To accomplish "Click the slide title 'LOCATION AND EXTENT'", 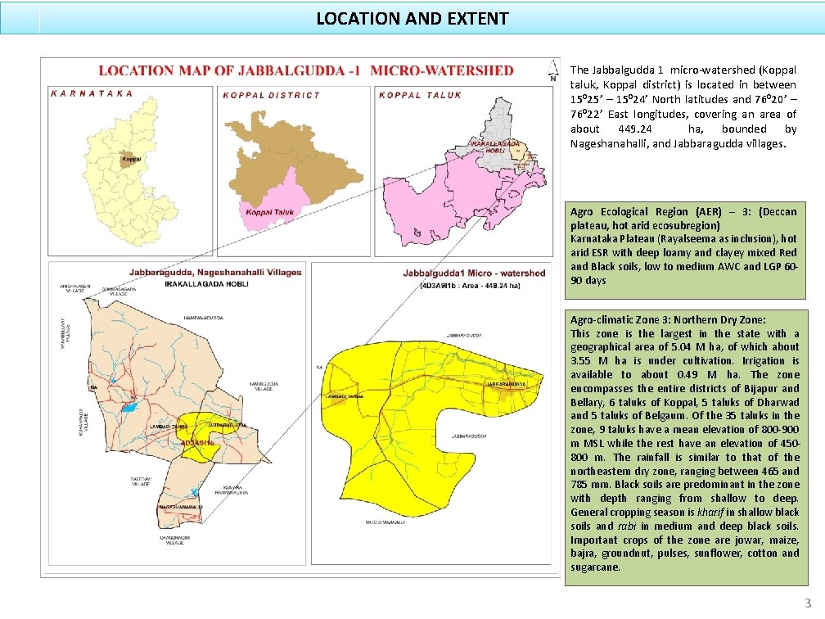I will click(412, 18).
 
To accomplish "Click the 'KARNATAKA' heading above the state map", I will click(92, 93).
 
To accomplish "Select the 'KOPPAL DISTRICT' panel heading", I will click(272, 95).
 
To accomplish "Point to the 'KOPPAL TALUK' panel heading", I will click(421, 95).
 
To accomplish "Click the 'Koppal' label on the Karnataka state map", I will click(132, 158).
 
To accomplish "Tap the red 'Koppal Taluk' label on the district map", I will click(269, 213).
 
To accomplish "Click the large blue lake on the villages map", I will click(129, 406).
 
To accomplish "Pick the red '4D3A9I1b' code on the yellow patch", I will click(198, 442).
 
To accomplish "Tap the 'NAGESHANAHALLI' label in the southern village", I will click(181, 508).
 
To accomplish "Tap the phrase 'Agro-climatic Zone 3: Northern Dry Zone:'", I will click(668, 320).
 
